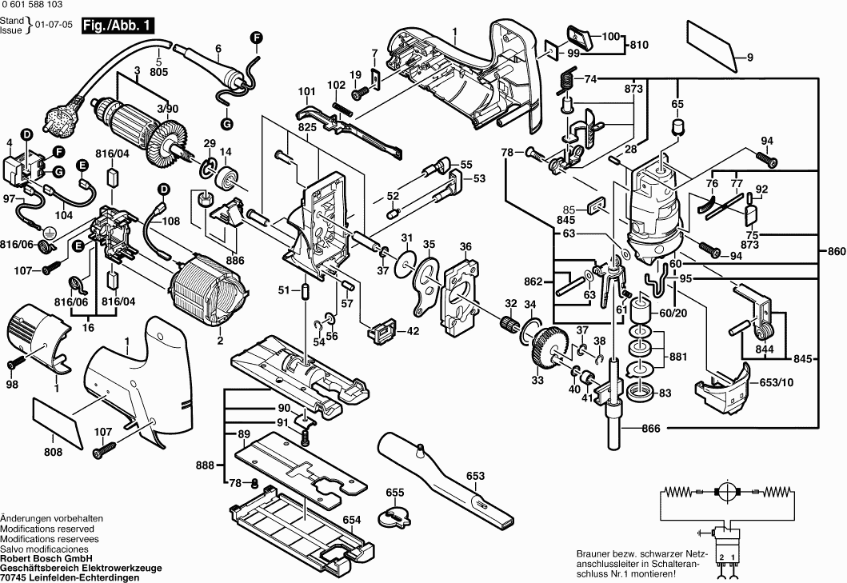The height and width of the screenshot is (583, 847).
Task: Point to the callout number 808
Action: pos(53,452)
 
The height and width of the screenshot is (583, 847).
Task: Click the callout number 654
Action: pos(352,520)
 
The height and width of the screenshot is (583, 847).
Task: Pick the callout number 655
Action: pos(395,492)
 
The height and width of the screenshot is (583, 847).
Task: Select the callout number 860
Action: pos(836,252)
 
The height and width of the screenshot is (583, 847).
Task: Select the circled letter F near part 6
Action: pos(257,37)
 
